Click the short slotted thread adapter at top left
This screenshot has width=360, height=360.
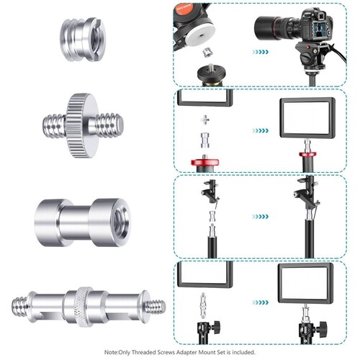click(x=83, y=39)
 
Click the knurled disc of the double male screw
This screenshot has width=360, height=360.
click(x=83, y=125)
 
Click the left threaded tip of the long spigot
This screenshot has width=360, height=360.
click(x=19, y=307)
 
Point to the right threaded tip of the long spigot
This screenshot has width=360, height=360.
click(x=156, y=307)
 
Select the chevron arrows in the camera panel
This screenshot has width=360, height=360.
click(x=260, y=52)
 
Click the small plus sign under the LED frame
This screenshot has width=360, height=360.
click(x=205, y=120)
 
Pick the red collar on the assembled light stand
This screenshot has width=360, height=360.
click(x=307, y=154)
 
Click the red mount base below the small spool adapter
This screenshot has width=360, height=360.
click(x=205, y=162)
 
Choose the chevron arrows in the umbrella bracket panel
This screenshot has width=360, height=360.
click(x=260, y=217)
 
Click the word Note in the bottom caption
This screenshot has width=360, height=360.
click(x=111, y=352)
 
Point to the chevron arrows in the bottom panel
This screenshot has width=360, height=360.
click(x=260, y=302)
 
